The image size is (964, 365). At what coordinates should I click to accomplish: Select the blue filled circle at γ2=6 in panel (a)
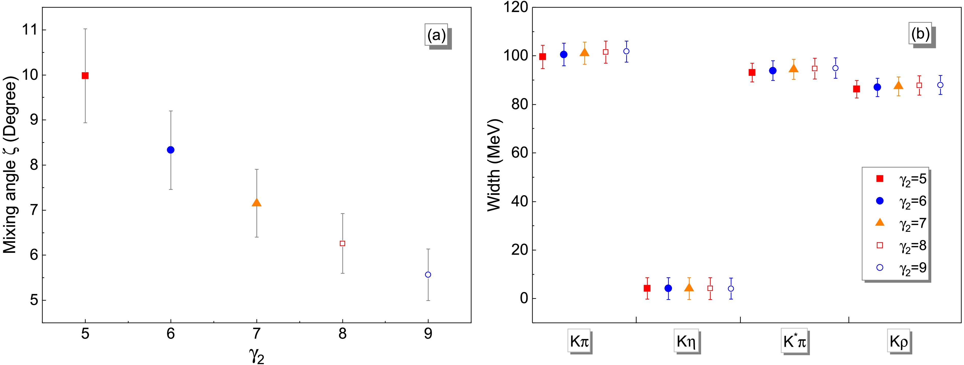(x=171, y=150)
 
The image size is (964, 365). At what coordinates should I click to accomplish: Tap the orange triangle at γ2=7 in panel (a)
(x=256, y=202)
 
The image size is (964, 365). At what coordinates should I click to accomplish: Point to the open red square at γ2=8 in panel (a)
(x=342, y=243)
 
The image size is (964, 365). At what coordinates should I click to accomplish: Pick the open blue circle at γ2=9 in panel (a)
(x=428, y=275)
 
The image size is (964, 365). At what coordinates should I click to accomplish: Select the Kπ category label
(x=580, y=341)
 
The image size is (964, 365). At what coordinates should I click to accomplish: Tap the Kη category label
(x=686, y=341)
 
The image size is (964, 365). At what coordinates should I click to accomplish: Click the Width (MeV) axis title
(x=494, y=165)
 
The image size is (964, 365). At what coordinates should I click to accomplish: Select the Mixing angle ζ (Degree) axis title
(x=10, y=165)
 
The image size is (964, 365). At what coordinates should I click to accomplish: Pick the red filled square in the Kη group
(x=647, y=288)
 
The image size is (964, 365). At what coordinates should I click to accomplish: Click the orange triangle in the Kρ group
(x=899, y=86)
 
